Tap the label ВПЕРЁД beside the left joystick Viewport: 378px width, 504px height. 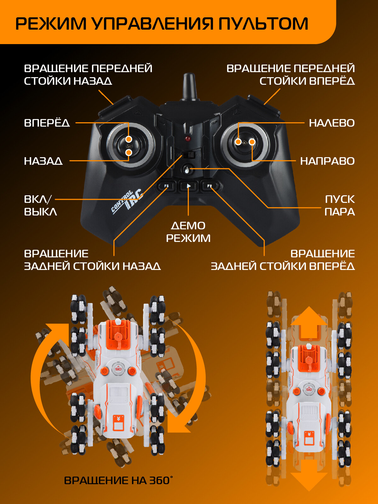(47, 123)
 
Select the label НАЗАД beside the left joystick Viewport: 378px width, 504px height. (43, 161)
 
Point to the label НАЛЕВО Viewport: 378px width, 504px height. (332, 123)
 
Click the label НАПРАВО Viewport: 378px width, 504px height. (327, 161)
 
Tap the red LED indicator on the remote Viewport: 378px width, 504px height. (188, 139)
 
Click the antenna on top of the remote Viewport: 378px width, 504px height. (190, 87)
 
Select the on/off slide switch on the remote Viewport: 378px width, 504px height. (190, 155)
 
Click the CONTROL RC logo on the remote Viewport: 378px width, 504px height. (128, 202)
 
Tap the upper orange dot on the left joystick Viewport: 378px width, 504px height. (129, 139)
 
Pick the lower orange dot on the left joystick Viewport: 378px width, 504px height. (129, 152)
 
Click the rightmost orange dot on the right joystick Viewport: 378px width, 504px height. (252, 142)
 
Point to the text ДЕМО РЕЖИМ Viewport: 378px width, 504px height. (188, 232)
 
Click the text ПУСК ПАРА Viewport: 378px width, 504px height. (340, 205)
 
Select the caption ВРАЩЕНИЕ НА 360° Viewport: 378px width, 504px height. (118, 480)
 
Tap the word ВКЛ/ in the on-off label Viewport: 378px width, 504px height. (37, 199)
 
